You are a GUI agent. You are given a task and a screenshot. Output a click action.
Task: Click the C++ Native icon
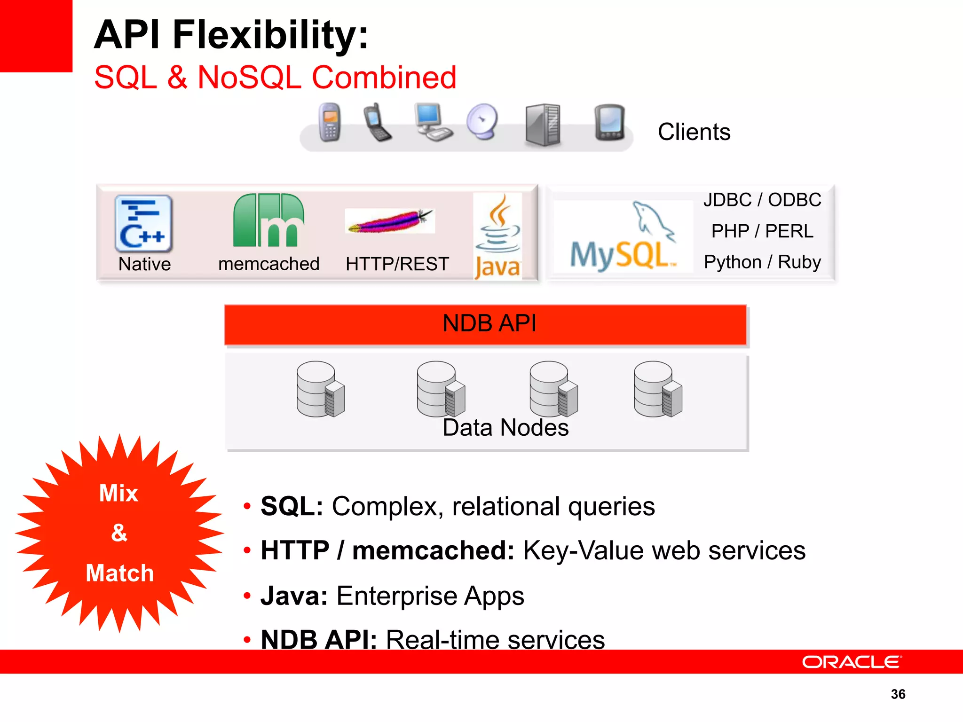pyautogui.click(x=143, y=223)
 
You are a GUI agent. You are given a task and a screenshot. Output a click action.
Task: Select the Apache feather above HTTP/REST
pyautogui.click(x=390, y=221)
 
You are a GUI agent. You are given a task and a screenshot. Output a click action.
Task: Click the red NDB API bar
pyautogui.click(x=485, y=324)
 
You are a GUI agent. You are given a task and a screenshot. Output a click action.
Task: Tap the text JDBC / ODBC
pyautogui.click(x=762, y=200)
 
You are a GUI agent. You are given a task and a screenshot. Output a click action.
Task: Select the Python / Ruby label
pyautogui.click(x=762, y=262)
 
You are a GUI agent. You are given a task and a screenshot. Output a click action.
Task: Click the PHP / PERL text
pyautogui.click(x=762, y=231)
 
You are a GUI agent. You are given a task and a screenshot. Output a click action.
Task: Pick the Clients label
pyautogui.click(x=694, y=132)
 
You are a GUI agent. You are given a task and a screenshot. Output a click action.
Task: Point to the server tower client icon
pyautogui.click(x=543, y=125)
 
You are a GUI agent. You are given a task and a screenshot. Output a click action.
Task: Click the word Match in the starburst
pyautogui.click(x=120, y=573)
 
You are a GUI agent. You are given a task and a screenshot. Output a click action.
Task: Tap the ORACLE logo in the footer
pyautogui.click(x=852, y=662)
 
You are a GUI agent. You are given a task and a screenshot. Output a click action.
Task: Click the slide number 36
pyautogui.click(x=898, y=694)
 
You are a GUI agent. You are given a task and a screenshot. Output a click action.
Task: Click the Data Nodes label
pyautogui.click(x=505, y=428)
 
